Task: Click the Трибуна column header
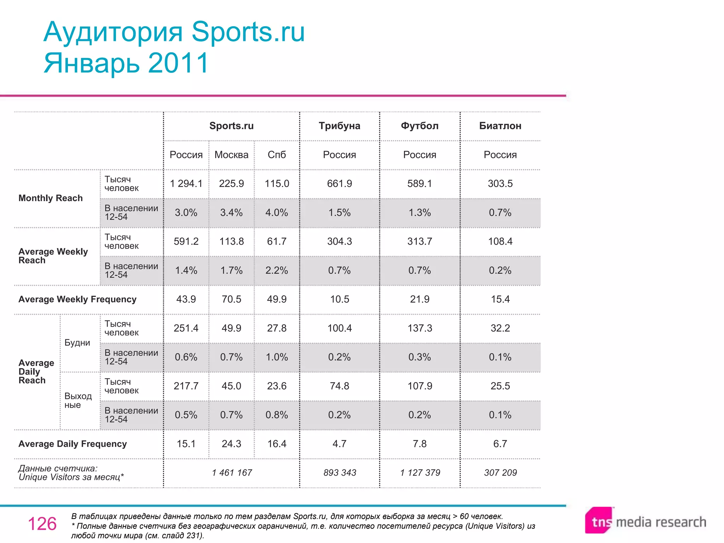click(x=339, y=126)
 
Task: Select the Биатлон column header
click(x=500, y=126)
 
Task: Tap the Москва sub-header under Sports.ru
click(x=231, y=155)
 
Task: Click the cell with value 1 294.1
click(x=186, y=184)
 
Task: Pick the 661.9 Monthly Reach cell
click(x=339, y=184)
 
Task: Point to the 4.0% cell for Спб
click(x=276, y=213)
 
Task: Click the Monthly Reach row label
click(x=51, y=198)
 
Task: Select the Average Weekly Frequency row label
click(x=77, y=299)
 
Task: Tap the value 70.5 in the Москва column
click(x=231, y=299)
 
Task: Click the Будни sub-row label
click(x=77, y=343)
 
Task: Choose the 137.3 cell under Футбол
click(x=420, y=328)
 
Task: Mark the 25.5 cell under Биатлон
click(x=500, y=386)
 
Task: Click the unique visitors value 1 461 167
click(x=232, y=473)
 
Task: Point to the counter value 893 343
click(x=339, y=473)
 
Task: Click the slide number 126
click(x=42, y=524)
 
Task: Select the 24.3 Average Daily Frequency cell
click(x=231, y=444)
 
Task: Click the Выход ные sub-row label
click(x=78, y=401)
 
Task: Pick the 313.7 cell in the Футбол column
click(x=420, y=242)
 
